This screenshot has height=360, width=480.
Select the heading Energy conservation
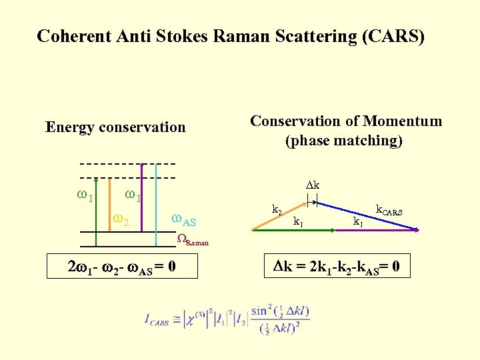115,127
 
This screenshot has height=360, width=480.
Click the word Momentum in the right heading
402,121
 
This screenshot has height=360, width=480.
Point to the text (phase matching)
344,141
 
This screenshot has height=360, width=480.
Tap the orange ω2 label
121,217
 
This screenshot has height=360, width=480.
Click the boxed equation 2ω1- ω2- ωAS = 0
122,267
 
